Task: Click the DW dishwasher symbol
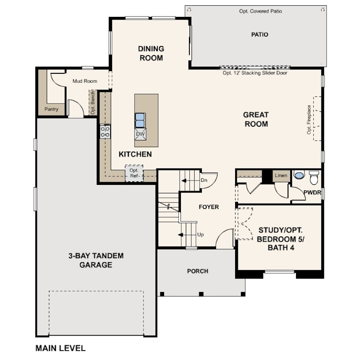(140, 134)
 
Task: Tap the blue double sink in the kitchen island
(140, 120)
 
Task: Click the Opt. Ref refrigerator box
(134, 173)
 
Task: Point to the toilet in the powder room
(314, 177)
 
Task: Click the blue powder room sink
(299, 176)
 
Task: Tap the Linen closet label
(281, 176)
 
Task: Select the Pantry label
(51, 109)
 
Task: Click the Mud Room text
(85, 81)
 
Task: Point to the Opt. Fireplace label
(309, 120)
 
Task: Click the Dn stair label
(204, 180)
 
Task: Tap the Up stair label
(200, 235)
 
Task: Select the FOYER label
(209, 207)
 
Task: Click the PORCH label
(198, 271)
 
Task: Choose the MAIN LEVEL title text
(60, 348)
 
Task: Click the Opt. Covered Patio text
(260, 11)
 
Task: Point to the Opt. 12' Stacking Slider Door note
(255, 73)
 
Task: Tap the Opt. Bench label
(93, 102)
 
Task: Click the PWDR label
(312, 192)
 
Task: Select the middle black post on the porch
(201, 294)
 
